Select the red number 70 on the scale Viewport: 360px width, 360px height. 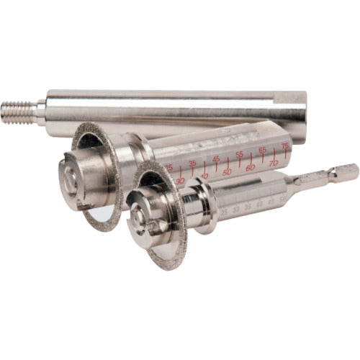click(x=273, y=163)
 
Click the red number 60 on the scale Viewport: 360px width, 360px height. click(x=250, y=167)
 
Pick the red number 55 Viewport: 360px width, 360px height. click(x=239, y=154)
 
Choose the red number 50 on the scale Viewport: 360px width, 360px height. click(x=226, y=171)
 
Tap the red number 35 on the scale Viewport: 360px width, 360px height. click(x=192, y=163)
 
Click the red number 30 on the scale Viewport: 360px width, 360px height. click(x=180, y=181)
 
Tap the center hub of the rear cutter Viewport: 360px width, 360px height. click(x=74, y=184)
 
